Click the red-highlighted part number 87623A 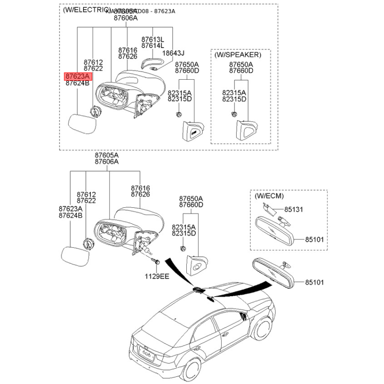tap(77, 76)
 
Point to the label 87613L tap(152, 39)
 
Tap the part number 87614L tap(152, 46)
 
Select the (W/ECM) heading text tap(269, 196)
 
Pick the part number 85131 tap(294, 210)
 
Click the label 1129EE tap(158, 276)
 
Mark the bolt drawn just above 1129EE tap(156, 262)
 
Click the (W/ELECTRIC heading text tap(83, 10)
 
